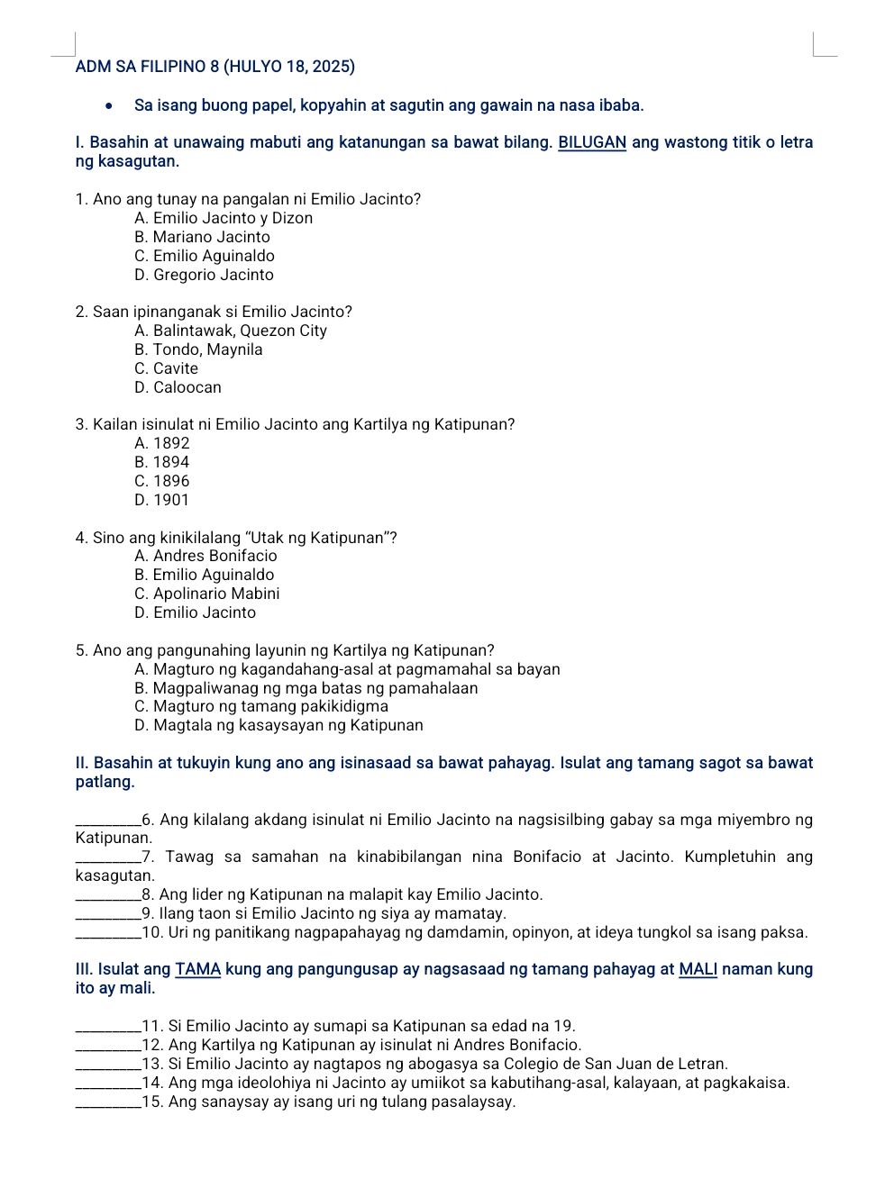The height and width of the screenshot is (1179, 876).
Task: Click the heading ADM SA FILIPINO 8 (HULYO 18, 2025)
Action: point(214,67)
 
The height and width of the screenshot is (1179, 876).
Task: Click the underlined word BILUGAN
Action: point(592,142)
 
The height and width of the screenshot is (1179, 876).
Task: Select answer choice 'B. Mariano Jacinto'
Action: point(202,237)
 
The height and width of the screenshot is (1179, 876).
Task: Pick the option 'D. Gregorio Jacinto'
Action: point(204,275)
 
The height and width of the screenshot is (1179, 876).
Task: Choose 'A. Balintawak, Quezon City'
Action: point(231,331)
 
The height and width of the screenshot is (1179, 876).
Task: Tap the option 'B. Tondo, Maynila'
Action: point(198,349)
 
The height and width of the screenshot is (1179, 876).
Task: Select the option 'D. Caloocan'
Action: point(178,387)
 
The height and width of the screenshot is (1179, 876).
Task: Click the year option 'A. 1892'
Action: point(162,443)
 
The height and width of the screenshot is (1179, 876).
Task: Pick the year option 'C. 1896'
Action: point(162,481)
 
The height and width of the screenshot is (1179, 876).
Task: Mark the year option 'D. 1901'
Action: point(162,500)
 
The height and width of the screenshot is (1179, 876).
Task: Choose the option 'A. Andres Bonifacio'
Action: point(205,556)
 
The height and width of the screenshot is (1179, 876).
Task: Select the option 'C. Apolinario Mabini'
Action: point(206,594)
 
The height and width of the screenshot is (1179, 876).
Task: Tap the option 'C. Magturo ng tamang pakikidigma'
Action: point(261,706)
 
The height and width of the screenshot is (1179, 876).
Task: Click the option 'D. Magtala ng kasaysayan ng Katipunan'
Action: point(278,725)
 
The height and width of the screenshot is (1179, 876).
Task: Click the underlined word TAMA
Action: point(198,969)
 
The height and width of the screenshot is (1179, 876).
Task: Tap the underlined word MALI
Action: point(698,969)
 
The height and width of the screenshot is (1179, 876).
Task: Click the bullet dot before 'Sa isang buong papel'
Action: point(109,105)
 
